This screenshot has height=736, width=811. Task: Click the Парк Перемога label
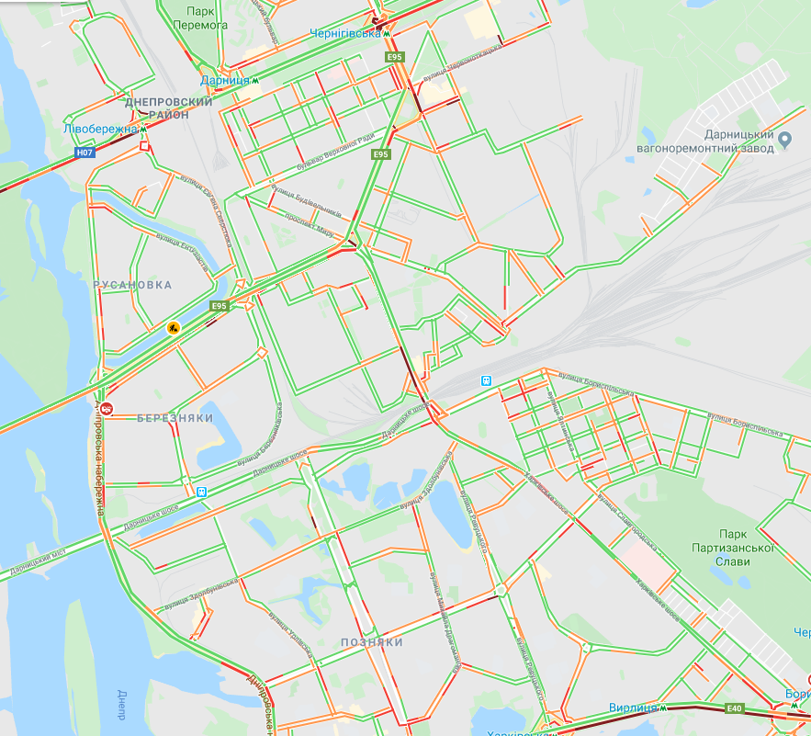pyautogui.click(x=206, y=17)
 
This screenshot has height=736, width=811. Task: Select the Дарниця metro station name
pyautogui.click(x=224, y=81)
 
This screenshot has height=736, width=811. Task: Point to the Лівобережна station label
pyautogui.click(x=100, y=129)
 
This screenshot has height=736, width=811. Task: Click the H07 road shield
pyautogui.click(x=84, y=153)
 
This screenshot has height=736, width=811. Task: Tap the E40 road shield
pyautogui.click(x=733, y=708)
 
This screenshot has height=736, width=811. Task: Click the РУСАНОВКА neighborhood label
pyautogui.click(x=133, y=286)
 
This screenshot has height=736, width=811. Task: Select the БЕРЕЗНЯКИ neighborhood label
pyautogui.click(x=175, y=418)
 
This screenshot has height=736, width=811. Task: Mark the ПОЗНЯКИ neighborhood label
pyautogui.click(x=371, y=642)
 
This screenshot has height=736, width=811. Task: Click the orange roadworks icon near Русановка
pyautogui.click(x=172, y=327)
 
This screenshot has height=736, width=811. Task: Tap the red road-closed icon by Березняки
pyautogui.click(x=107, y=409)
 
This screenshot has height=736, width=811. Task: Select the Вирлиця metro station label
pyautogui.click(x=632, y=708)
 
